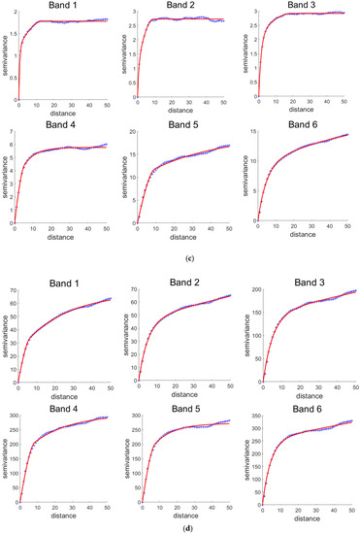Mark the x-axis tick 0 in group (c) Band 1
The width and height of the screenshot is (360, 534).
[x=17, y=105]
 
